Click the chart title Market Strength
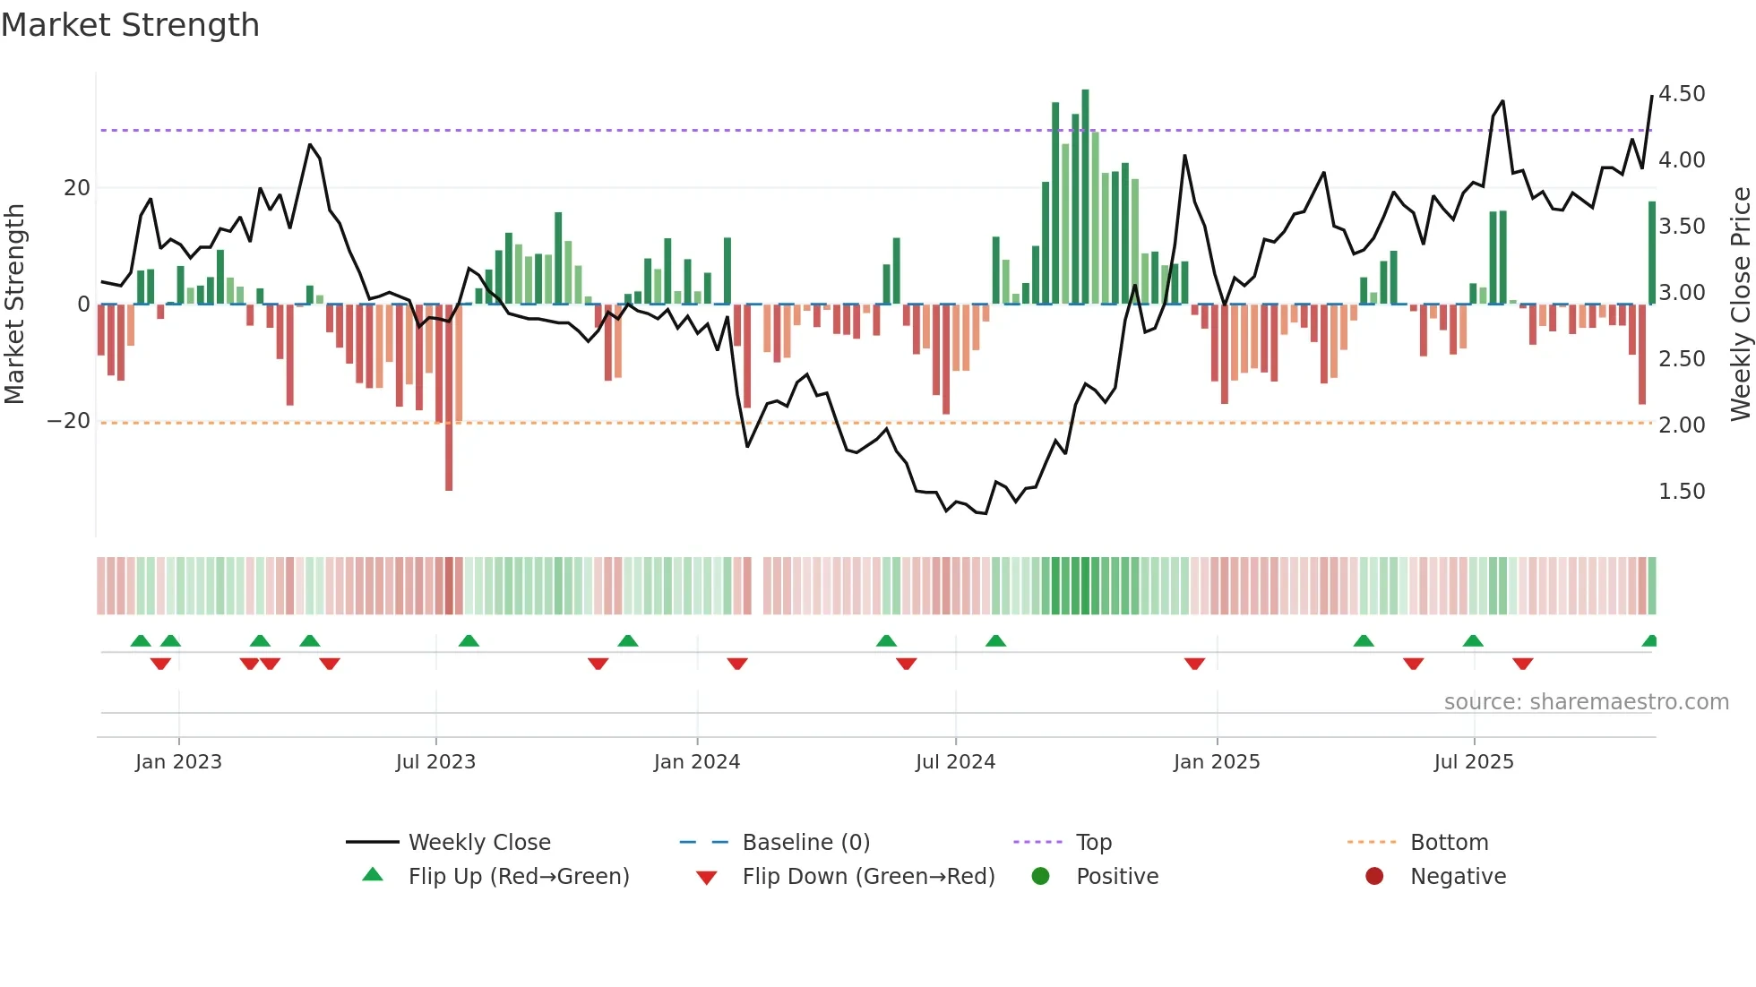pyautogui.click(x=130, y=25)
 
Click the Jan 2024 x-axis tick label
pyautogui.click(x=696, y=762)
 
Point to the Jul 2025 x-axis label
pyautogui.click(x=1473, y=762)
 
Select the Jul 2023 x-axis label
pyautogui.click(x=435, y=762)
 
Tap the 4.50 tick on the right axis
pyautogui.click(x=1682, y=94)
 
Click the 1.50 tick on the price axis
pyautogui.click(x=1682, y=492)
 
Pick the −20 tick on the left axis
pyautogui.click(x=69, y=421)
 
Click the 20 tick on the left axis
pyautogui.click(x=77, y=188)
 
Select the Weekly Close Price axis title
pyautogui.click(x=1740, y=305)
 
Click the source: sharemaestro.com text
pyautogui.click(x=1586, y=702)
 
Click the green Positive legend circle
pyautogui.click(x=1040, y=877)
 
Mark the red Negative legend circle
pyautogui.click(x=1374, y=877)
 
